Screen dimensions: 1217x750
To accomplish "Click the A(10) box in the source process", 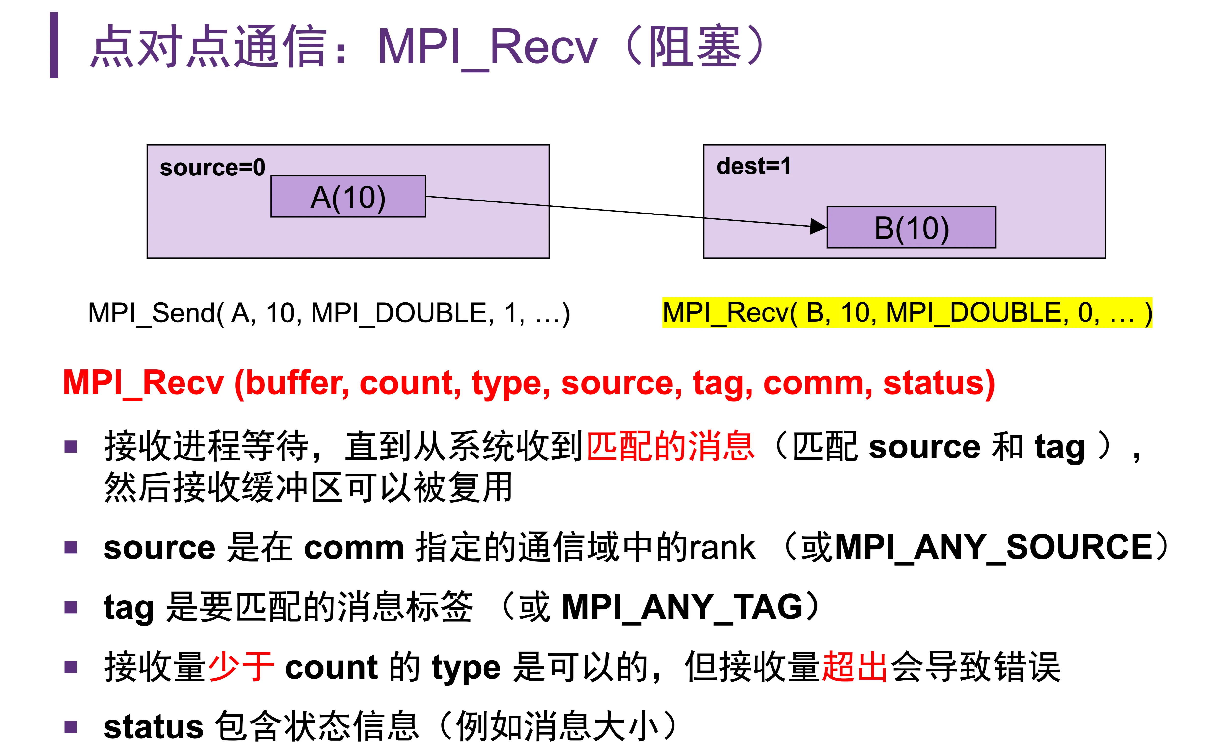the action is tap(348, 196).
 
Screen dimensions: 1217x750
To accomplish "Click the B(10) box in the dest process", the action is tap(911, 227).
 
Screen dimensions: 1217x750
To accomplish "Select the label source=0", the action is tap(212, 168).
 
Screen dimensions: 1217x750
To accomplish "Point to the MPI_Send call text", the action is tap(329, 313).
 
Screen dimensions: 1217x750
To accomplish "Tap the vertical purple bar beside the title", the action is tap(54, 45).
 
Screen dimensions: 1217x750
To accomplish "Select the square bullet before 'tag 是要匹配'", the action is tap(71, 607).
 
